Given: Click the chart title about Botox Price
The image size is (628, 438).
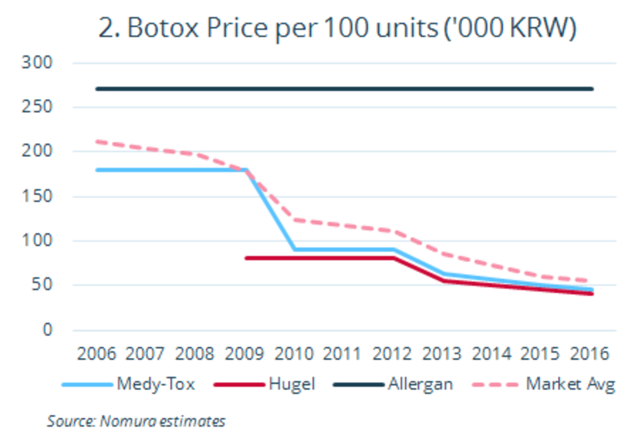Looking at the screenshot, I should [x=337, y=29].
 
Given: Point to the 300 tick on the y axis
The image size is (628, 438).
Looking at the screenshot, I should [x=37, y=62].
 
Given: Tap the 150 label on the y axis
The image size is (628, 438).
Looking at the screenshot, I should [x=37, y=196].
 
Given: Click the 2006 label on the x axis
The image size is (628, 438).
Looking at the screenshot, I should [x=97, y=354].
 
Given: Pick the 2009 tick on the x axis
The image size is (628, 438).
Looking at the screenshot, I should [x=245, y=354].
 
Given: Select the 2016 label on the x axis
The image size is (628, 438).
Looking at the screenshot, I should [x=591, y=354].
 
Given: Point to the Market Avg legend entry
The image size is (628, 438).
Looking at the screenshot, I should [x=570, y=384].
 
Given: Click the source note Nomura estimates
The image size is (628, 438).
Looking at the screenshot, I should [x=136, y=421].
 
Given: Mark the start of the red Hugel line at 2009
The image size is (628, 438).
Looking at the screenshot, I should [x=247, y=258].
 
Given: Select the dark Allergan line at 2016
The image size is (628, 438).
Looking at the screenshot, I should [x=591, y=89].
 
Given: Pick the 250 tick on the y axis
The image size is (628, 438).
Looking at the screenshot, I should [x=37, y=107].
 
